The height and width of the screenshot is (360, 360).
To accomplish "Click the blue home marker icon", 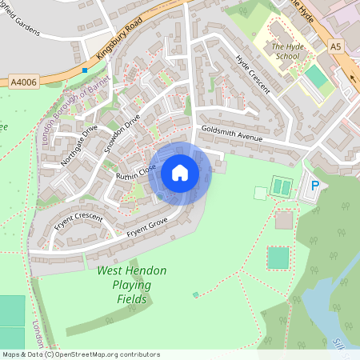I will click(180, 173).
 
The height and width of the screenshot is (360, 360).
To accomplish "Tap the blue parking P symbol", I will click(314, 186).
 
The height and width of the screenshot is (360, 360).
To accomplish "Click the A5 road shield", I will click(334, 48).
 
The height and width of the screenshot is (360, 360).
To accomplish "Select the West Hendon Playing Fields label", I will click(132, 285).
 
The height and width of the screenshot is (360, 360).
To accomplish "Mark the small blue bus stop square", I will click(85, 70).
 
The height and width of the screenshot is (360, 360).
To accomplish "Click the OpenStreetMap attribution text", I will click(80, 354).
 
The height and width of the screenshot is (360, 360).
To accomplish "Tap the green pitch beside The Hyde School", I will click(316, 78).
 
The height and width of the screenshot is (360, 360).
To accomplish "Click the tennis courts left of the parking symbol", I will click(282, 187).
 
